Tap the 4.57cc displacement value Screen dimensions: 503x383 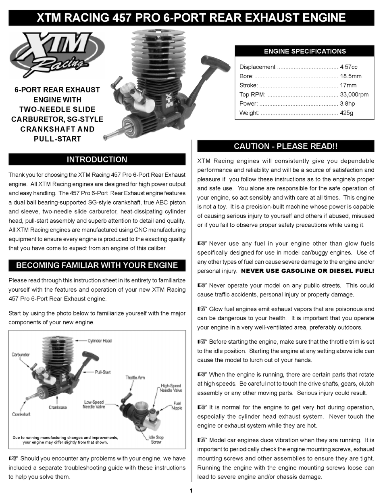point(349,67)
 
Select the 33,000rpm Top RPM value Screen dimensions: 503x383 point(354,94)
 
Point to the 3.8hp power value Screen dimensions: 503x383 point(348,104)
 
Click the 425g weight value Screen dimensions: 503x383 point(346,113)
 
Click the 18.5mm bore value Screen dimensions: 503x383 point(350,76)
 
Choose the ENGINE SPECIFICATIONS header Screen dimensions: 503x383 point(304,51)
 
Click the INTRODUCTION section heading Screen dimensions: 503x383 point(97,159)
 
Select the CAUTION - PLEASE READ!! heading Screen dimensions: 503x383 point(285,146)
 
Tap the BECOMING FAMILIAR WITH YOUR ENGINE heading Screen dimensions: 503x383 point(97,265)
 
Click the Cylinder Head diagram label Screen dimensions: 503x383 point(100,341)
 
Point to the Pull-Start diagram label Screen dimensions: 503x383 point(102,372)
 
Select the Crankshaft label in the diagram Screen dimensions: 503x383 point(21,414)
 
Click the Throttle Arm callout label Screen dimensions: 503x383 point(135,378)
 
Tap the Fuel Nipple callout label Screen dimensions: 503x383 point(177,405)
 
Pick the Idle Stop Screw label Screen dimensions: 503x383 point(156,440)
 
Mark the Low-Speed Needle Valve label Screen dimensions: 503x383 point(94,405)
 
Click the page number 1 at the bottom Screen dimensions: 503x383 point(191,491)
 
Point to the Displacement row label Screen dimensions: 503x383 point(257,67)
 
